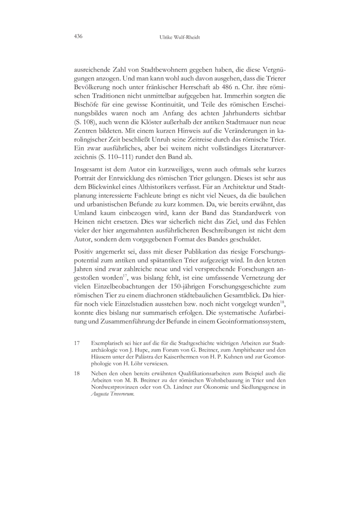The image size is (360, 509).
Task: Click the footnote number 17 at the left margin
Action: click(x=77, y=343)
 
